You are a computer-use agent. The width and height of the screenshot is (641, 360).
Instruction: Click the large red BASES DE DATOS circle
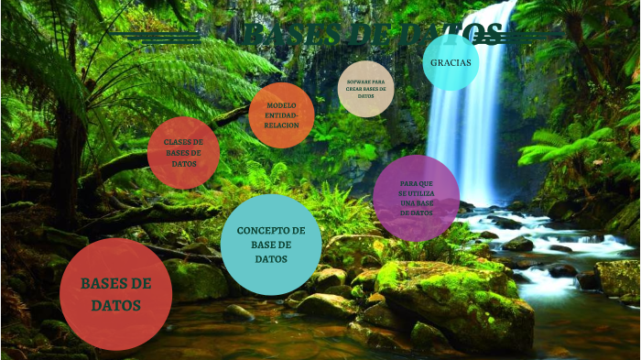115,293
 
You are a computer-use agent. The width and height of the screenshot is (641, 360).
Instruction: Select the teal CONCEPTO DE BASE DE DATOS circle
271,245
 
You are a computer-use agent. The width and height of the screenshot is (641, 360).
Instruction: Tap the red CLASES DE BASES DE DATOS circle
183,153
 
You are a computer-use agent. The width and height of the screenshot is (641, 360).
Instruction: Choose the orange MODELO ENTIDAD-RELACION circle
281,115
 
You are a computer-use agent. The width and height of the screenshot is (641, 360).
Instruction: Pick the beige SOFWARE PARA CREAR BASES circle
365,89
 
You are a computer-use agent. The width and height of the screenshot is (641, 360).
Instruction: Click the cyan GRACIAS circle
451,62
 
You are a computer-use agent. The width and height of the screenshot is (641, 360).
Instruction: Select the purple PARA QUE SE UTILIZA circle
416,198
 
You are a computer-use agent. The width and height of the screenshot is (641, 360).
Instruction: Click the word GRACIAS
451,62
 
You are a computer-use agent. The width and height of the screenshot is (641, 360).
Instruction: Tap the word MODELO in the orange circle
281,105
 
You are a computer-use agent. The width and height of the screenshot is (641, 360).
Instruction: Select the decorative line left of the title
156,37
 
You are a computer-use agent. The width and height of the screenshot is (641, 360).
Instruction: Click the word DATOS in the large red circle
115,305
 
